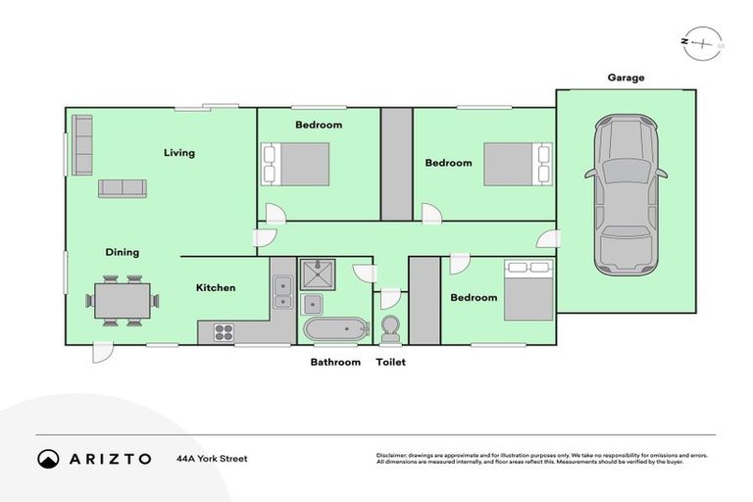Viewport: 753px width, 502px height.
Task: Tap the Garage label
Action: [x=626, y=77]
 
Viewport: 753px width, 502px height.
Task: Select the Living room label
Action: [x=179, y=152]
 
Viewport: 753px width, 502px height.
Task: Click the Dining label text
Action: [x=123, y=252]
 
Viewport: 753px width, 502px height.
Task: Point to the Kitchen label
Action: [x=216, y=287]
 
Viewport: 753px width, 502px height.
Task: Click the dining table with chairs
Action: [x=123, y=301]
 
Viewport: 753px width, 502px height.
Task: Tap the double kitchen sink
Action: [x=282, y=290]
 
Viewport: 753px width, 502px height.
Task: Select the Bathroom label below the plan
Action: [x=335, y=362]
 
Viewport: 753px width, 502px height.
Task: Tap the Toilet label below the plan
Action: [x=390, y=362]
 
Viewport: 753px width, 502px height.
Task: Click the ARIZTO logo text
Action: [x=108, y=459]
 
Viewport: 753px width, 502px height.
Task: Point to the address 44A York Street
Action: [x=212, y=458]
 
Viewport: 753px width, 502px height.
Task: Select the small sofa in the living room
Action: [x=122, y=188]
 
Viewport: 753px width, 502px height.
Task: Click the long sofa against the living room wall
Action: [x=82, y=145]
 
